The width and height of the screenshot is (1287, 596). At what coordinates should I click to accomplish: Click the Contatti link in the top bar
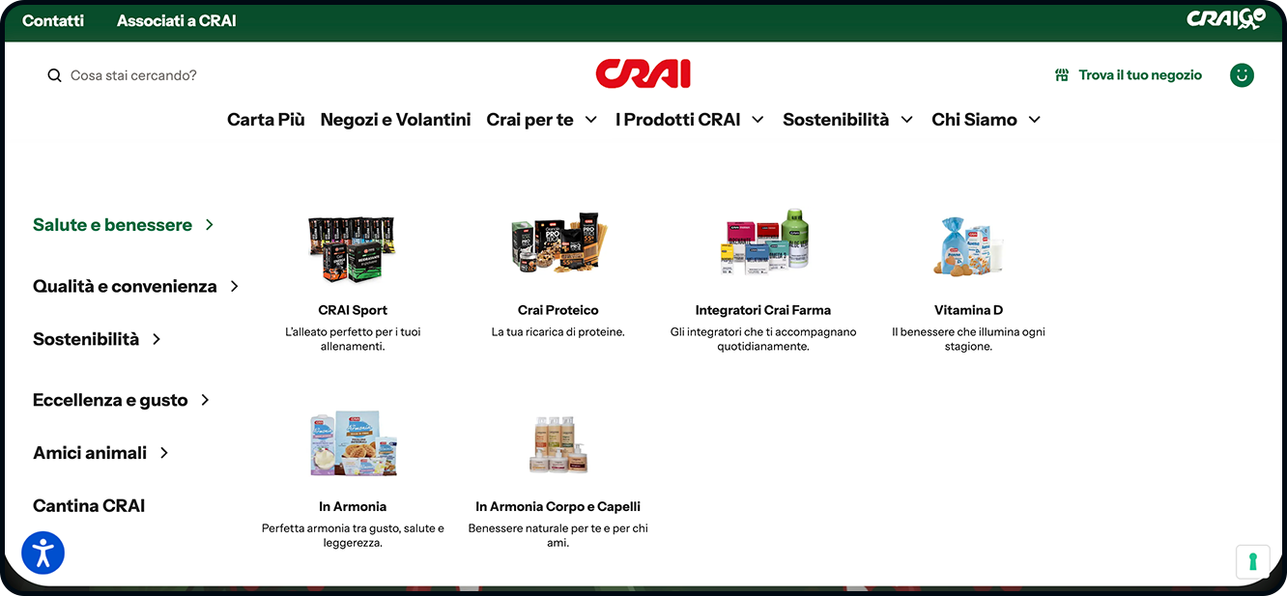coord(53,20)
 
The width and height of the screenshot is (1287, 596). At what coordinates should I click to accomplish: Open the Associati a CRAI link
coord(177,20)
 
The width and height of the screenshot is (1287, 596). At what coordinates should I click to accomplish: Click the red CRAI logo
coord(643,73)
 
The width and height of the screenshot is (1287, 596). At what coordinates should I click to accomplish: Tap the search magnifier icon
coord(54,75)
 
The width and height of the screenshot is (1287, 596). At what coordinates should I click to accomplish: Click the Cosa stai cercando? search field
coord(133,75)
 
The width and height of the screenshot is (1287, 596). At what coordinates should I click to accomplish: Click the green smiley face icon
coord(1242,75)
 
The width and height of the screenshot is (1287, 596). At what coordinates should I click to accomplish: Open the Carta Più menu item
coord(266,120)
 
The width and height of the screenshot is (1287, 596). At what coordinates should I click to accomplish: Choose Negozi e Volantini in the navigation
coord(395,120)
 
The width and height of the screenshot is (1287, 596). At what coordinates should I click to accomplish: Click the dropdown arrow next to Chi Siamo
coord(1035,120)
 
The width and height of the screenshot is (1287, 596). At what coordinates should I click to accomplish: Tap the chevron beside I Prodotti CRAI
coord(758,120)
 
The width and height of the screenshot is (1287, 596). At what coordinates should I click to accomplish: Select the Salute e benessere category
coord(112,224)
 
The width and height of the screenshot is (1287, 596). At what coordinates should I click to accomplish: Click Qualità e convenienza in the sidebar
coord(125,286)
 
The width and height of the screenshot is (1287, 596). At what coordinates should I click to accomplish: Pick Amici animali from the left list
coord(90,453)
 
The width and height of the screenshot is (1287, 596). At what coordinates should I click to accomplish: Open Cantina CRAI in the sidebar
coord(89,506)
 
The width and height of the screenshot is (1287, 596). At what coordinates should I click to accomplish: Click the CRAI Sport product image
coord(353,249)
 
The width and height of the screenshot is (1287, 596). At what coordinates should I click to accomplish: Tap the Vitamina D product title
coord(968,310)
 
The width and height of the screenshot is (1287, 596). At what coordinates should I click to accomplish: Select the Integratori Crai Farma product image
coord(763,241)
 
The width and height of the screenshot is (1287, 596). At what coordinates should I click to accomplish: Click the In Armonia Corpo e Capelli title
coord(558,506)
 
